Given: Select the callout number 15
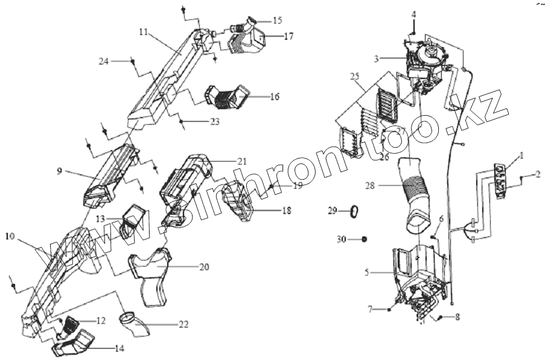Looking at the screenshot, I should click(x=277, y=20).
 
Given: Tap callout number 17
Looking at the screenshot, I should click(x=288, y=36).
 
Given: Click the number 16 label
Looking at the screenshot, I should click(x=275, y=96).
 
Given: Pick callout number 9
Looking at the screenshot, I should click(x=60, y=171).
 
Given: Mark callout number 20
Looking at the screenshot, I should click(x=204, y=267).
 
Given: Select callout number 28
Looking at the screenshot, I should click(x=369, y=186).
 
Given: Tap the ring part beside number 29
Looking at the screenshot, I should click(x=355, y=211).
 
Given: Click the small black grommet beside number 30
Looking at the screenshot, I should click(x=365, y=239).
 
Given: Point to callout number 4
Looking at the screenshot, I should click(x=414, y=13).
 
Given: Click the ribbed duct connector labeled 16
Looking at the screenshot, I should click(x=228, y=99).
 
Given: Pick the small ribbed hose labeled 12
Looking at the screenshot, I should click(x=72, y=324).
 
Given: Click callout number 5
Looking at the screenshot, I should click(x=366, y=273).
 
